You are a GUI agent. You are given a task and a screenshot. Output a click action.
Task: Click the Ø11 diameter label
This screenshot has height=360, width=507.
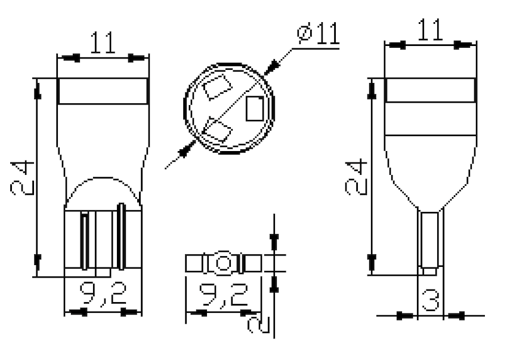319,33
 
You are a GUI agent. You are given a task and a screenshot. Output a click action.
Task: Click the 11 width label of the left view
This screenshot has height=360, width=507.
103,42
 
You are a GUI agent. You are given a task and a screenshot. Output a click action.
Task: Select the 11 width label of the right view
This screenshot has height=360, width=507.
431,29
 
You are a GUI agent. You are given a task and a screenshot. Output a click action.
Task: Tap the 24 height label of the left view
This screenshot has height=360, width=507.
22,178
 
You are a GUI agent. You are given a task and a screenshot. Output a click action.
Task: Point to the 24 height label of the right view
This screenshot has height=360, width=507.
356,177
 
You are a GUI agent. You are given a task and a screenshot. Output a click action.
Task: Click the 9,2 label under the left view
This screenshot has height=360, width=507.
103,293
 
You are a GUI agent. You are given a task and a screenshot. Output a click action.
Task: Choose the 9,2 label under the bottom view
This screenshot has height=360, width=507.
224,294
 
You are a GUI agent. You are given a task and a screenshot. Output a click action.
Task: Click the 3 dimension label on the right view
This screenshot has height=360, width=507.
431,300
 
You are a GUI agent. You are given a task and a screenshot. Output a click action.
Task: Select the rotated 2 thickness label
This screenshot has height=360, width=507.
259,325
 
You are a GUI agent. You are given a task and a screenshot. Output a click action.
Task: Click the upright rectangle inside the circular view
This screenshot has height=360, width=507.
255,109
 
